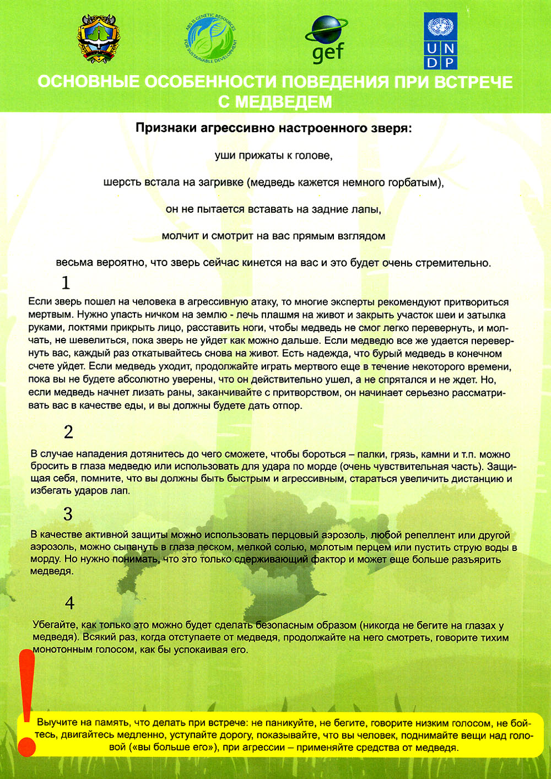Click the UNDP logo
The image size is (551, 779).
pyautogui.click(x=440, y=41)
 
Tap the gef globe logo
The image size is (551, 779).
pyautogui.click(x=327, y=39)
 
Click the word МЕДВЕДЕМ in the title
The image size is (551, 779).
pyautogui.click(x=275, y=102)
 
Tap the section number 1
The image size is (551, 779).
pyautogui.click(x=66, y=283)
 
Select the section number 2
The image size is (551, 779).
pyautogui.click(x=68, y=432)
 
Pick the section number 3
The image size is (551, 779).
pyautogui.click(x=68, y=514)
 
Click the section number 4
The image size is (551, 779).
pyautogui.click(x=69, y=603)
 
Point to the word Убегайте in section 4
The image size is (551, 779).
pyautogui.click(x=55, y=625)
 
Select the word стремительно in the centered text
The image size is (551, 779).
pyautogui.click(x=458, y=263)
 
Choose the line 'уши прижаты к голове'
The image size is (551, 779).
pyautogui.click(x=274, y=156)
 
